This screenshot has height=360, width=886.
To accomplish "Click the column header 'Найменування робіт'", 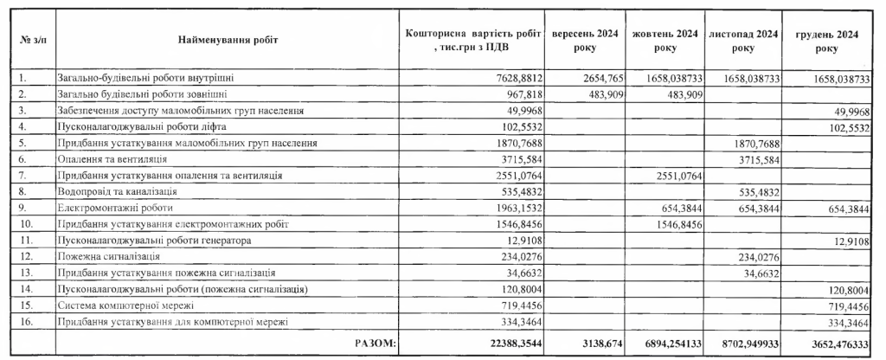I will point(228,41).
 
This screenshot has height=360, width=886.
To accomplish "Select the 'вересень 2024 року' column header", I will point(585,41).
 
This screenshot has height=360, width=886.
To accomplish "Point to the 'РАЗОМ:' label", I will point(375,344).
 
